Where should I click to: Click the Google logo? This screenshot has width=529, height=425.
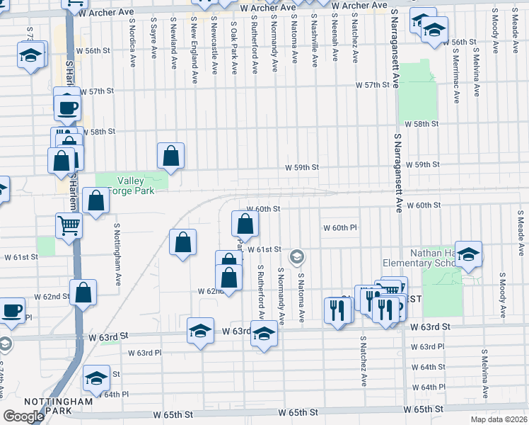click(23, 416)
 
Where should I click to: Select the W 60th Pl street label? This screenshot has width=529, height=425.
click(341, 228)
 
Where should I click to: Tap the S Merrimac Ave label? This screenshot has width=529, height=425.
click(457, 67)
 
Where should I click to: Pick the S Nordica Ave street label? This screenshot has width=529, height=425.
click(132, 42)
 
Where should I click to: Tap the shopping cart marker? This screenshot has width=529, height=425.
click(69, 226)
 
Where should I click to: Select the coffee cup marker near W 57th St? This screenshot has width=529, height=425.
click(67, 108)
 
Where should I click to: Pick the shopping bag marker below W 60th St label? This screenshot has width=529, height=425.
click(245, 225)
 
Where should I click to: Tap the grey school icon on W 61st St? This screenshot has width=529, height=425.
click(298, 256)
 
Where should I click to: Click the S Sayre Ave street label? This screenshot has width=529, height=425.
click(153, 42)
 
